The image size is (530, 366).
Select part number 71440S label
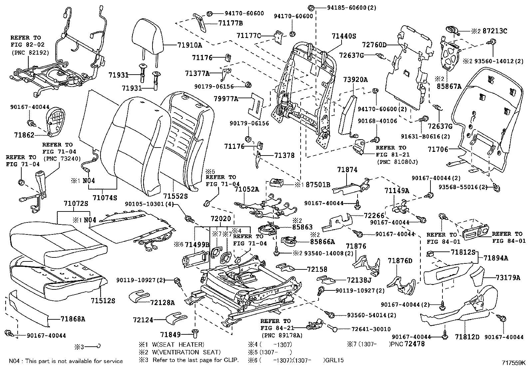[x=344, y=36]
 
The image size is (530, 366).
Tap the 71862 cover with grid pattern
[x=55, y=120]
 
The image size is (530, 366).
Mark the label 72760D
[x=374, y=45]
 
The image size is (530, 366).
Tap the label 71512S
[x=103, y=301]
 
